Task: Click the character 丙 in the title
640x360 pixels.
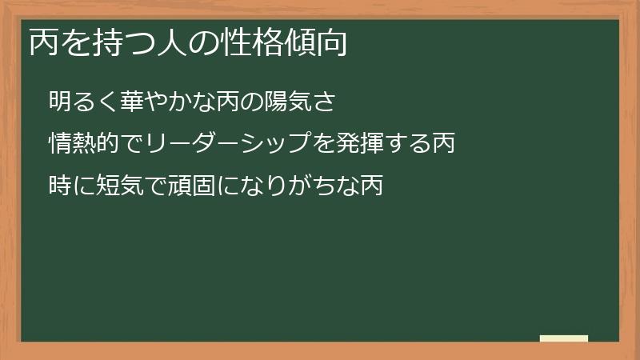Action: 44,44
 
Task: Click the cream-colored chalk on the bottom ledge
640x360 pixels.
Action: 563,338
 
